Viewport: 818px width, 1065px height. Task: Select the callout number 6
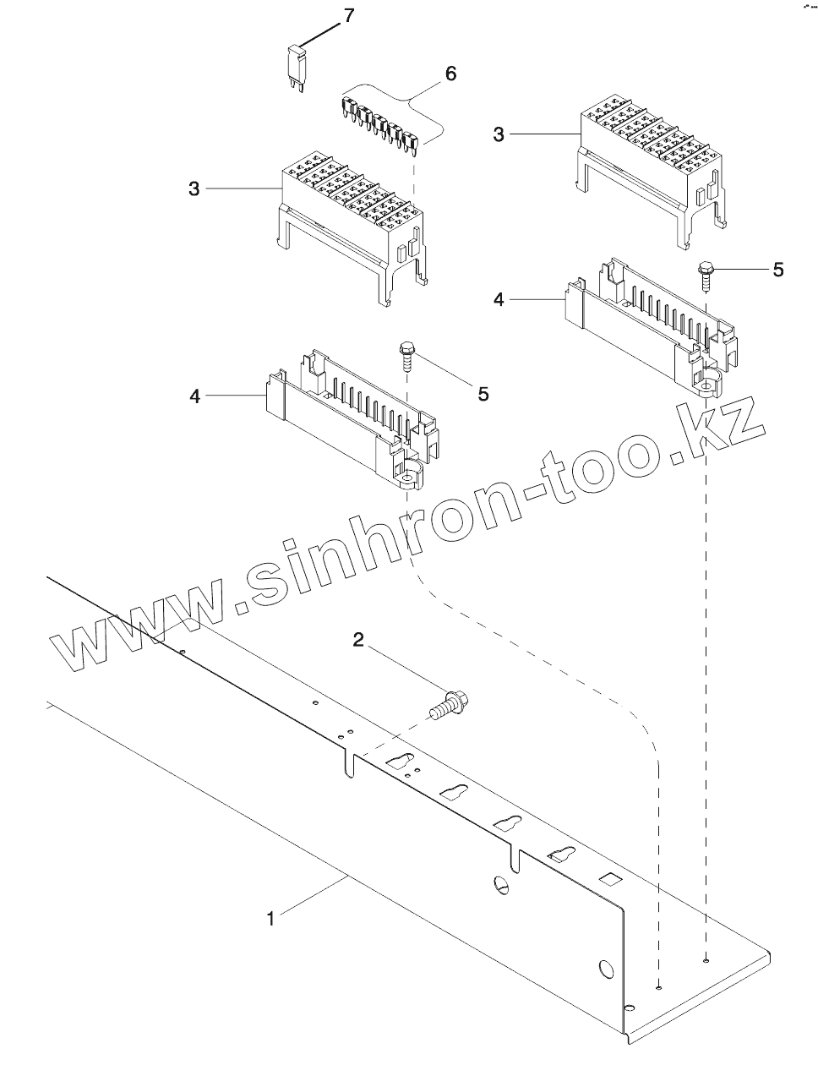pyautogui.click(x=450, y=74)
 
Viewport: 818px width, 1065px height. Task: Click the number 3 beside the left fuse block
pyautogui.click(x=194, y=189)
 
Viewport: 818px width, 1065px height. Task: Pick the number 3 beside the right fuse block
pyautogui.click(x=499, y=134)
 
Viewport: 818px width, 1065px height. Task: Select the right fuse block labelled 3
pyautogui.click(x=651, y=165)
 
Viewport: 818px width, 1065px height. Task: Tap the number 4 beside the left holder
pyautogui.click(x=194, y=395)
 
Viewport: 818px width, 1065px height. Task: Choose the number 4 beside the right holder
pyautogui.click(x=499, y=300)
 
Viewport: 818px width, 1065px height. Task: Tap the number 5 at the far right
pyautogui.click(x=777, y=270)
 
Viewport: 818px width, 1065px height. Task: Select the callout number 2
pyautogui.click(x=358, y=642)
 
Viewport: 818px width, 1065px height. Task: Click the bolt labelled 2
pyautogui.click(x=451, y=706)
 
